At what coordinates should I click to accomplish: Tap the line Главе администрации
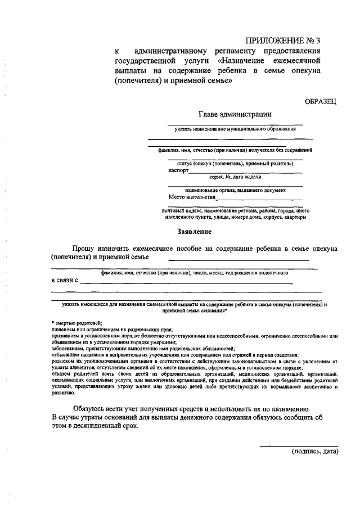click(x=235, y=114)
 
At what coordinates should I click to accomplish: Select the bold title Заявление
click(x=194, y=231)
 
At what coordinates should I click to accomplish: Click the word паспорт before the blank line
click(x=178, y=170)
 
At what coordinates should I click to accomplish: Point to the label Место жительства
click(x=192, y=197)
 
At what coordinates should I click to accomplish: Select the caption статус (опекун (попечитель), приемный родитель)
click(x=235, y=164)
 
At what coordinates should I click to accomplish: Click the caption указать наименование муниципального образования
click(x=235, y=129)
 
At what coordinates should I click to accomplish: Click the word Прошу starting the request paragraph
click(x=83, y=248)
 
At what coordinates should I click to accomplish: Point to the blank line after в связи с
click(x=186, y=283)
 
